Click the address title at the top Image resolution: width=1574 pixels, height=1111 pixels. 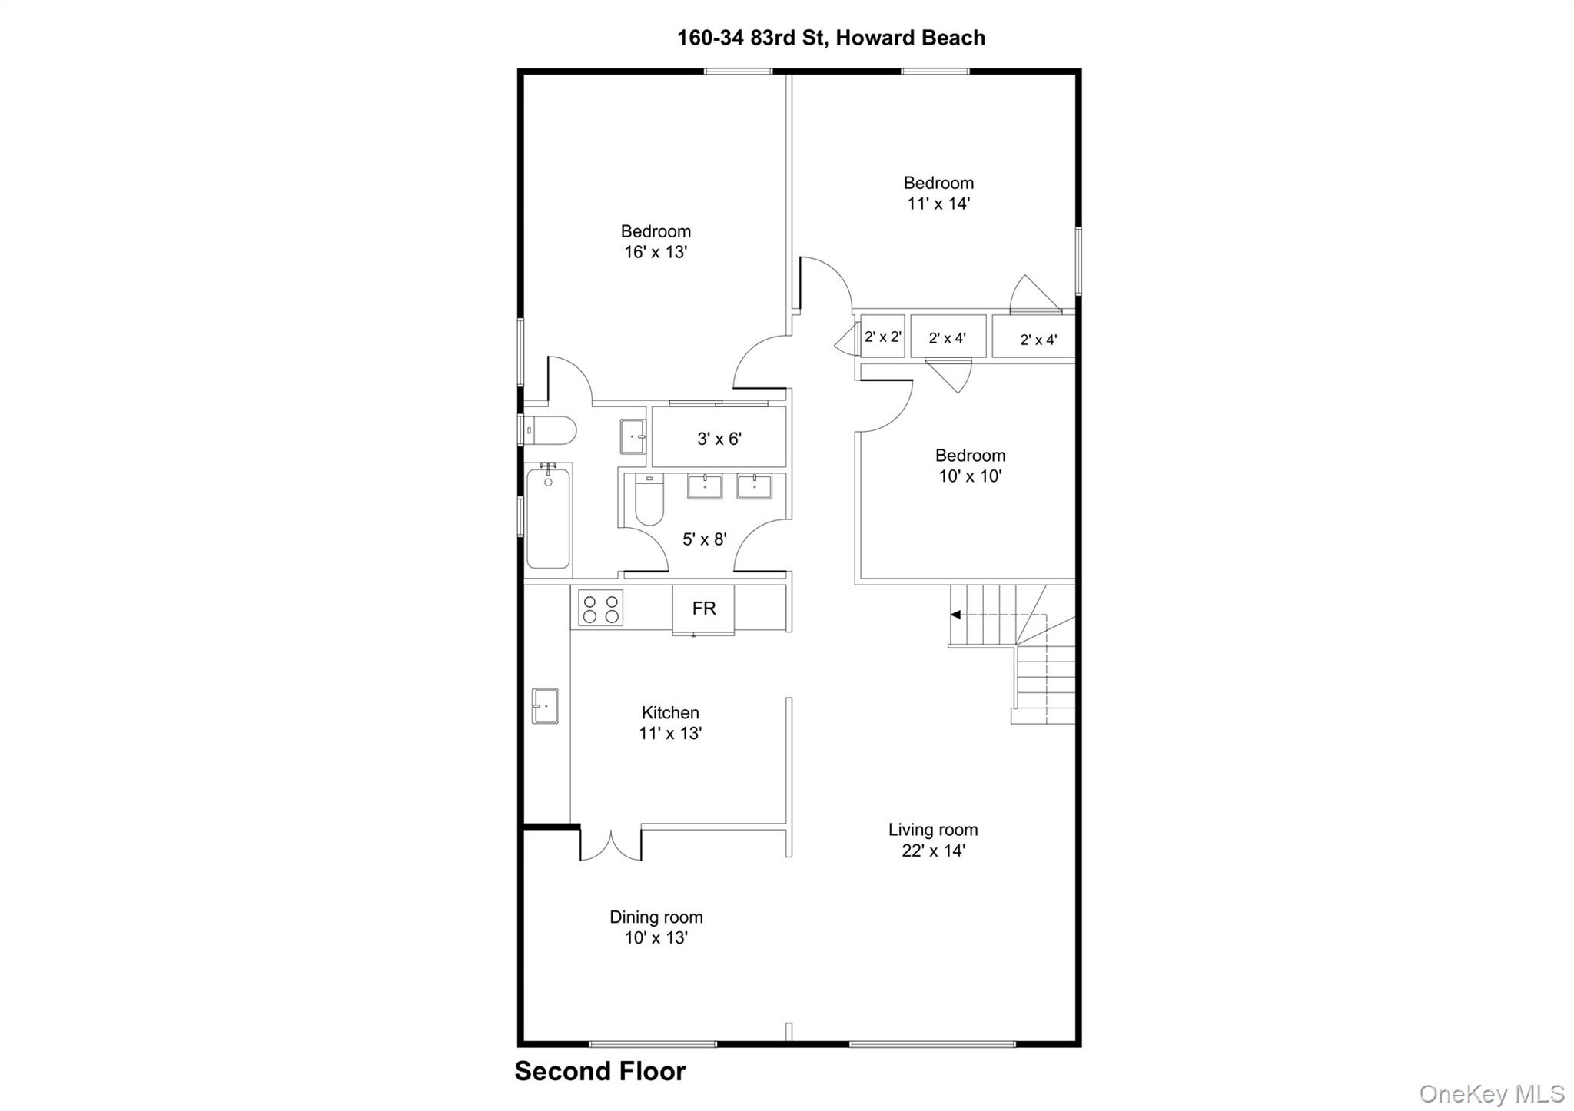tap(830, 38)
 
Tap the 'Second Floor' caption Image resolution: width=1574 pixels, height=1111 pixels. tap(599, 1071)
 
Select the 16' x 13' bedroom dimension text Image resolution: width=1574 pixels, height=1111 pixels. tap(655, 252)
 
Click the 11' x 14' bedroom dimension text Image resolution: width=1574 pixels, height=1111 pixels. tap(938, 204)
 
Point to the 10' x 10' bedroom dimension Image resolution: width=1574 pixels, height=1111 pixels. tap(969, 476)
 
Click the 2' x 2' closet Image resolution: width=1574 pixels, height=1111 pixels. tap(882, 337)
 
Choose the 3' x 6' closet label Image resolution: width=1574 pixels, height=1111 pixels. tap(719, 439)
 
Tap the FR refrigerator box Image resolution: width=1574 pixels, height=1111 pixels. tap(703, 609)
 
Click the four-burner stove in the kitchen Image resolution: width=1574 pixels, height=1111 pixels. tap(601, 609)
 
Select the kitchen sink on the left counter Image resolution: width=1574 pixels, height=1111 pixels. tap(545, 705)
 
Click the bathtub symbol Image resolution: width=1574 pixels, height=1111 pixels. tap(548, 519)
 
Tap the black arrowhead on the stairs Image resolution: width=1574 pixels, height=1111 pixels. tap(955, 615)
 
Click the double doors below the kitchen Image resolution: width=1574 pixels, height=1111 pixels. tap(610, 845)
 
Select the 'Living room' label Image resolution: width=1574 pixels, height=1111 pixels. tap(932, 830)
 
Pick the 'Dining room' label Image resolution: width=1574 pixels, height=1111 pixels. tap(656, 917)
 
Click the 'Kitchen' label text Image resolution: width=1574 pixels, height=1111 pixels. tap(670, 712)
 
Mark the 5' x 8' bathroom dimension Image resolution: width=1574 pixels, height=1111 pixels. tap(704, 539)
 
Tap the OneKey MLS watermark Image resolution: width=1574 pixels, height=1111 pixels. tap(1491, 1093)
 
